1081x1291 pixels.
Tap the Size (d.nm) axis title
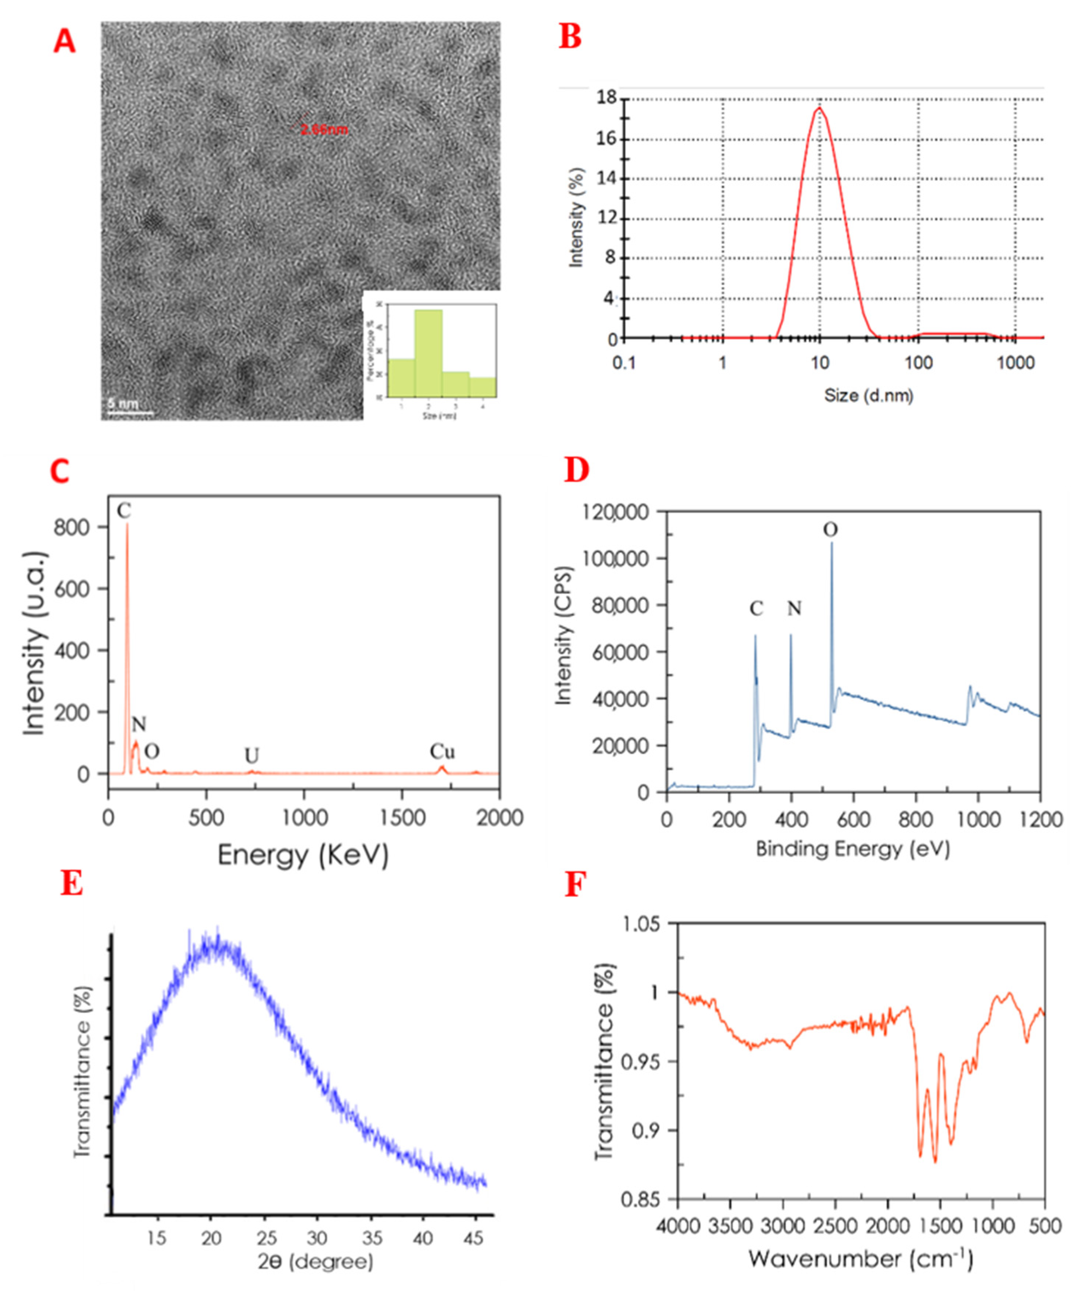point(868,395)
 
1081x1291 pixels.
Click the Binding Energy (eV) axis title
point(852,850)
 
